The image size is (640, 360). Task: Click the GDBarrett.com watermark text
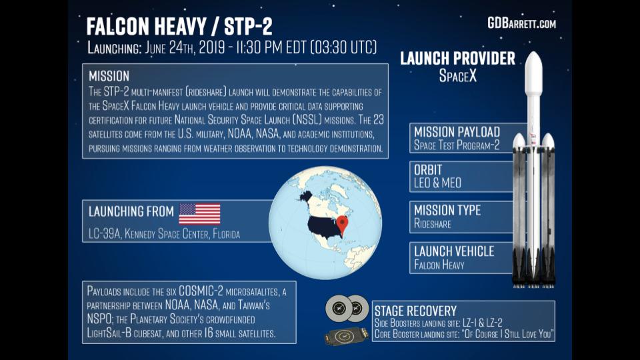tap(521, 23)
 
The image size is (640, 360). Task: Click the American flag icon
tap(199, 214)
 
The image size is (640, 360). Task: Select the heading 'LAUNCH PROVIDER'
tap(457, 59)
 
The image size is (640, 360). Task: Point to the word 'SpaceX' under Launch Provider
tap(457, 75)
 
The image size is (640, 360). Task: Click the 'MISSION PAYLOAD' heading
tap(457, 132)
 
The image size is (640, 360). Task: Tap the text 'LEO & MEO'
tap(437, 183)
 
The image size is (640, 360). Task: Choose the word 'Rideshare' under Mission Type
tap(432, 224)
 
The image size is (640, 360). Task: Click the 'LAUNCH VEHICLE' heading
tap(454, 251)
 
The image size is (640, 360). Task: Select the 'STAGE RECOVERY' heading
tap(415, 311)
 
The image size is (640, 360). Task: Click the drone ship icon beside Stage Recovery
tap(343, 336)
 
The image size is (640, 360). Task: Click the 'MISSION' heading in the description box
tap(109, 76)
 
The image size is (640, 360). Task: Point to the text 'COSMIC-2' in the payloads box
tap(201, 291)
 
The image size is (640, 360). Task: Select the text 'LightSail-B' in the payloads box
tap(109, 333)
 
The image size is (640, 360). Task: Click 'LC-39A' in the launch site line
tap(105, 234)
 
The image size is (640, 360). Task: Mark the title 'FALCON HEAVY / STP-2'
tap(179, 27)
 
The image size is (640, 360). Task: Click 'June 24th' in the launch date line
tap(169, 48)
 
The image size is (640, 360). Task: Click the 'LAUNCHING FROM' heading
tap(131, 211)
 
